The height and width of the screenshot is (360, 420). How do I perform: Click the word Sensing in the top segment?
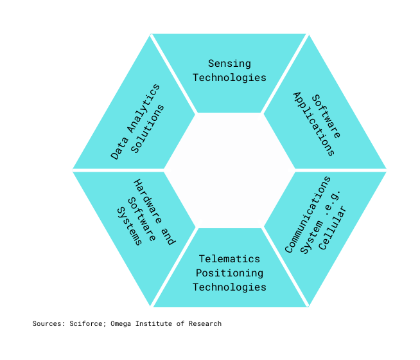[229, 64]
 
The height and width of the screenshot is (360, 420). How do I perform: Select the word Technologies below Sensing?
[229, 78]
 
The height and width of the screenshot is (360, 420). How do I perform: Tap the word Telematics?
[229, 259]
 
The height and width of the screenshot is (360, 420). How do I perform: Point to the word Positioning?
[229, 273]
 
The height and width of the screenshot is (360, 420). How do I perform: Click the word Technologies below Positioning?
[229, 287]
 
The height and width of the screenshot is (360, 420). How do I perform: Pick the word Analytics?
[143, 109]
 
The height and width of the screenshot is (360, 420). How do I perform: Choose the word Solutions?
[148, 129]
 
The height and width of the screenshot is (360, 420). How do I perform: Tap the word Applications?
[313, 124]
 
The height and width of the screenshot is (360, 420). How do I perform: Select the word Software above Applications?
[326, 116]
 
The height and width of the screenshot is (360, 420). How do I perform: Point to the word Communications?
[308, 215]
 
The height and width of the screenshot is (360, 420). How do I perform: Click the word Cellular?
[333, 228]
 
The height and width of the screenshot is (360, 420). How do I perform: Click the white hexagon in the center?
[229, 170]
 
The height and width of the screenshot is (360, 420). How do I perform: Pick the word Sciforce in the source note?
[85, 324]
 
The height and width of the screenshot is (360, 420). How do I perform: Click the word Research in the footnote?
[205, 324]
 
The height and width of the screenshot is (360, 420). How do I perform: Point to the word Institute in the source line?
[153, 324]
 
